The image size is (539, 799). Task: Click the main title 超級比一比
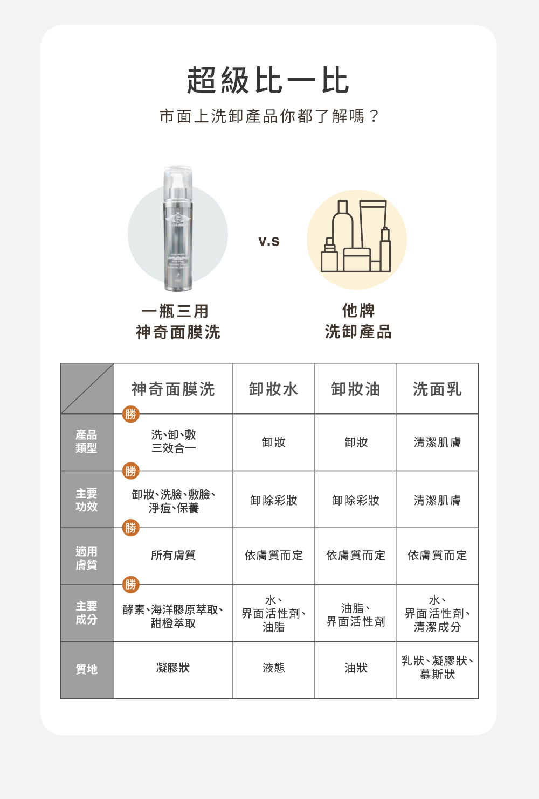[268, 81]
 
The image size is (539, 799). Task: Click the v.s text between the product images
[268, 241]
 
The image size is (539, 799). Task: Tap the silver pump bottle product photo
[178, 229]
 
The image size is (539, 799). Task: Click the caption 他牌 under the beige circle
[358, 311]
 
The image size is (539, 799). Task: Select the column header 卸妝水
[273, 389]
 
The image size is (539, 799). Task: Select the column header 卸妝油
[356, 389]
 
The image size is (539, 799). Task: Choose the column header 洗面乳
[437, 389]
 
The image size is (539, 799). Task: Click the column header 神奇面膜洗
[173, 389]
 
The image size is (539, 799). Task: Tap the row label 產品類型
[86, 441]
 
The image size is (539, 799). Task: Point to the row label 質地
[86, 669]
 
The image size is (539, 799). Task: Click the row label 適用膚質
[86, 558]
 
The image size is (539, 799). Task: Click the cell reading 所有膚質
[173, 556]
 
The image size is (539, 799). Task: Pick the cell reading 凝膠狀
[173, 668]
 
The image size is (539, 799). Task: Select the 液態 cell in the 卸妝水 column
[273, 668]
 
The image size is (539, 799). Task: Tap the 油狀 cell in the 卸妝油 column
[356, 668]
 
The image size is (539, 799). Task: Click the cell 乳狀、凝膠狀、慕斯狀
[437, 668]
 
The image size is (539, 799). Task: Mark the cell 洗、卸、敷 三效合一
[173, 441]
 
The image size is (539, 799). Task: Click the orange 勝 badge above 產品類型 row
[130, 414]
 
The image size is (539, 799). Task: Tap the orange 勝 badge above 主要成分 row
[130, 584]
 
